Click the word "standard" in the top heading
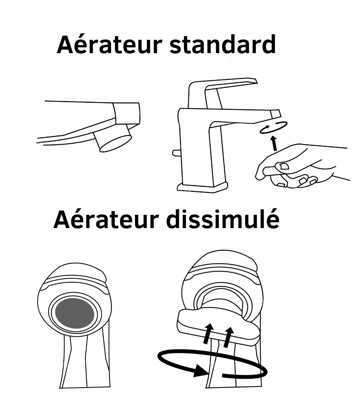(223, 44)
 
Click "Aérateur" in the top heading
(109, 44)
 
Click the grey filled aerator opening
(75, 313)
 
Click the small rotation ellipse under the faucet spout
(274, 127)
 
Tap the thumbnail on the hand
(283, 166)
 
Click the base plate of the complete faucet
(202, 187)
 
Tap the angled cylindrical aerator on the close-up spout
(113, 138)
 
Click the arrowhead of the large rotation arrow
(201, 370)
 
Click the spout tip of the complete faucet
(276, 114)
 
